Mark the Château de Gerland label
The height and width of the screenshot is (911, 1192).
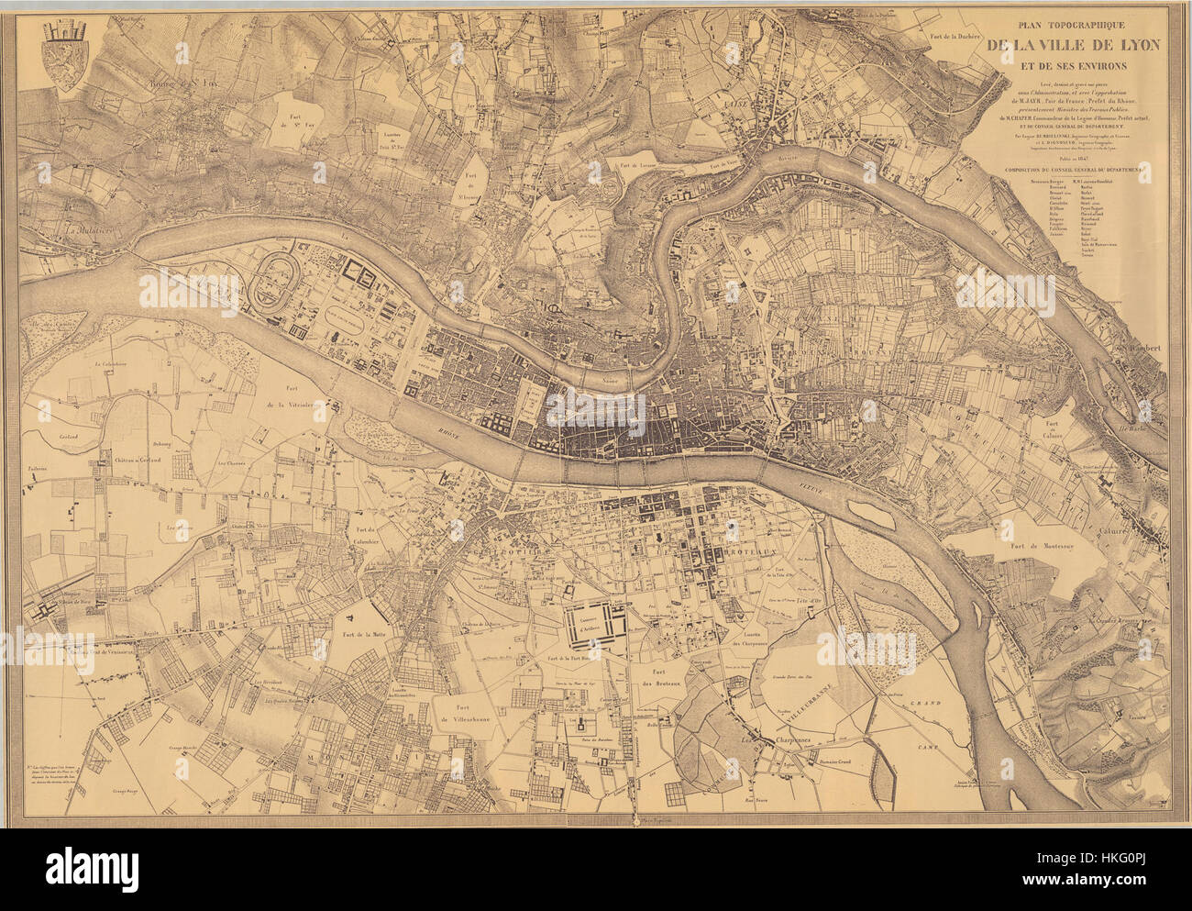coord(138,460)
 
